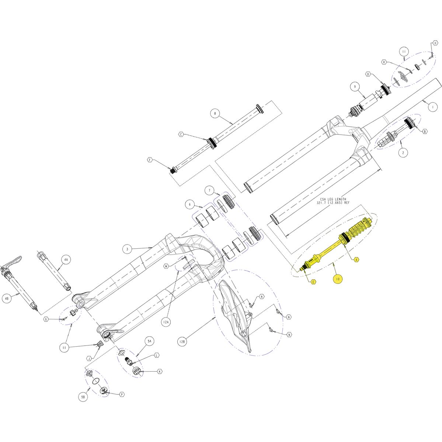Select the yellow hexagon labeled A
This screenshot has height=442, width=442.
point(356,259)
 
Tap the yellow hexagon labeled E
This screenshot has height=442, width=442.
point(313,282)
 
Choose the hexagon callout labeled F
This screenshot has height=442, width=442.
point(150,160)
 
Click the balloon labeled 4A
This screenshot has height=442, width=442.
point(66,260)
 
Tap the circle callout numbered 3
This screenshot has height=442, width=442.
point(127,249)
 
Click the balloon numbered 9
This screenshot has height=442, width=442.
point(355,87)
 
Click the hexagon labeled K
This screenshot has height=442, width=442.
point(160,372)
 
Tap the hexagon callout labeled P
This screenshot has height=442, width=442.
point(122,394)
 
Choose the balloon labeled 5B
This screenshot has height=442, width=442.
point(83,397)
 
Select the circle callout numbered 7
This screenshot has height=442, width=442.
point(210,190)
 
